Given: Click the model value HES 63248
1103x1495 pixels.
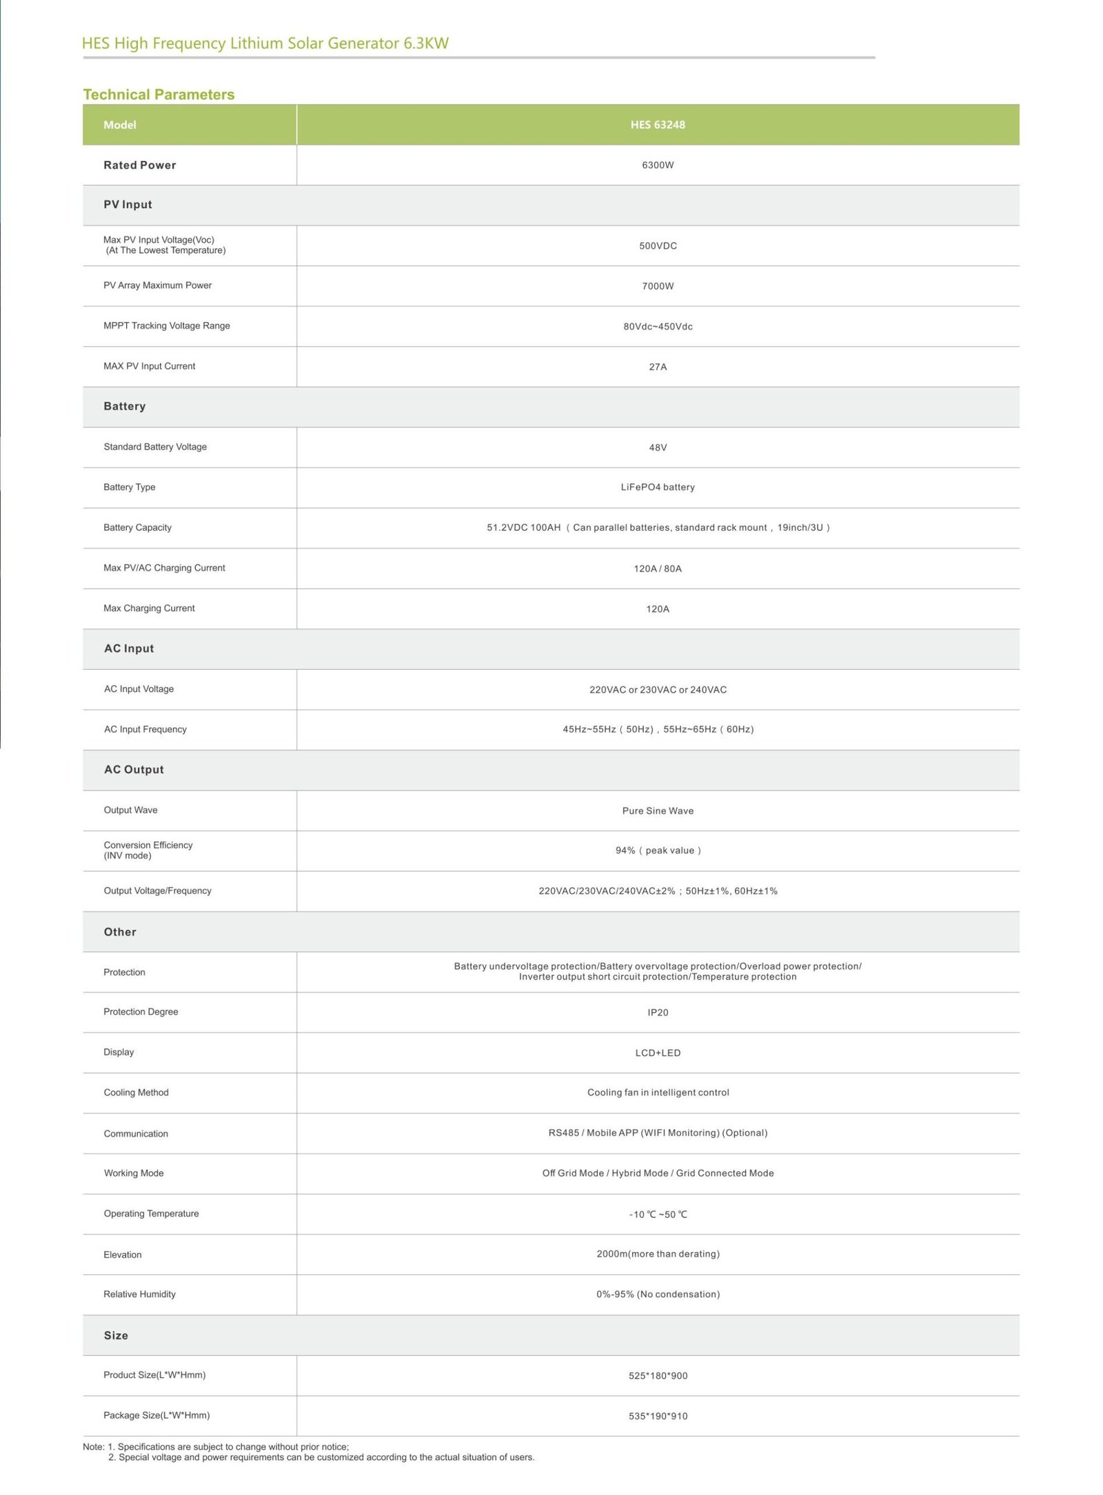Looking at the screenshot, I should pos(657,125).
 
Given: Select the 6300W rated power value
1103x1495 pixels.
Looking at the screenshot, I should pos(657,165).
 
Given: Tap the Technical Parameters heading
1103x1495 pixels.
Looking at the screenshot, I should pos(159,94).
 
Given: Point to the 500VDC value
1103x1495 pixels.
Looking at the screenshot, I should pos(657,246).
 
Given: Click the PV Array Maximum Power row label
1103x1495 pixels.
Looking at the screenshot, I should pos(157,285).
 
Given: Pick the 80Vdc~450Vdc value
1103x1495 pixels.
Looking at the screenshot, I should pos(657,327).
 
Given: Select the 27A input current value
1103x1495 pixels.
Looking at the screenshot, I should pos(657,367).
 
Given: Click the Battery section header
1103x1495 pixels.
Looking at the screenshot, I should pos(125,407).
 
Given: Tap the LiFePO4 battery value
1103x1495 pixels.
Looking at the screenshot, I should pos(657,487).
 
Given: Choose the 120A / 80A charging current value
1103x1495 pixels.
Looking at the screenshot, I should pos(657,569).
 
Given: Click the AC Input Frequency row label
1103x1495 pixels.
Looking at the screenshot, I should pos(145,729).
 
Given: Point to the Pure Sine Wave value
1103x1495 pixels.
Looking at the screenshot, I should pos(657,811).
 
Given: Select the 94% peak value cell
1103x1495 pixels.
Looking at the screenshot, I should pos(657,851).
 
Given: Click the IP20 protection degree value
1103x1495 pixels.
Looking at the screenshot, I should pos(657,1013).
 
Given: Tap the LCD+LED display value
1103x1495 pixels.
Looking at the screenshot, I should pos(657,1052).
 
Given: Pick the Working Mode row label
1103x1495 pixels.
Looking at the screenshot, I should pos(134,1173).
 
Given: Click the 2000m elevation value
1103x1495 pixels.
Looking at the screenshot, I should pos(657,1254).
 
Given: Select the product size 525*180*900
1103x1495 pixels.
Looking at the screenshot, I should pos(657,1376).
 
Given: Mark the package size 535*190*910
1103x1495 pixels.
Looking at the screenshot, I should pos(657,1416).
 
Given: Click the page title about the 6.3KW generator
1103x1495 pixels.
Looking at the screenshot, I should pos(265,43).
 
